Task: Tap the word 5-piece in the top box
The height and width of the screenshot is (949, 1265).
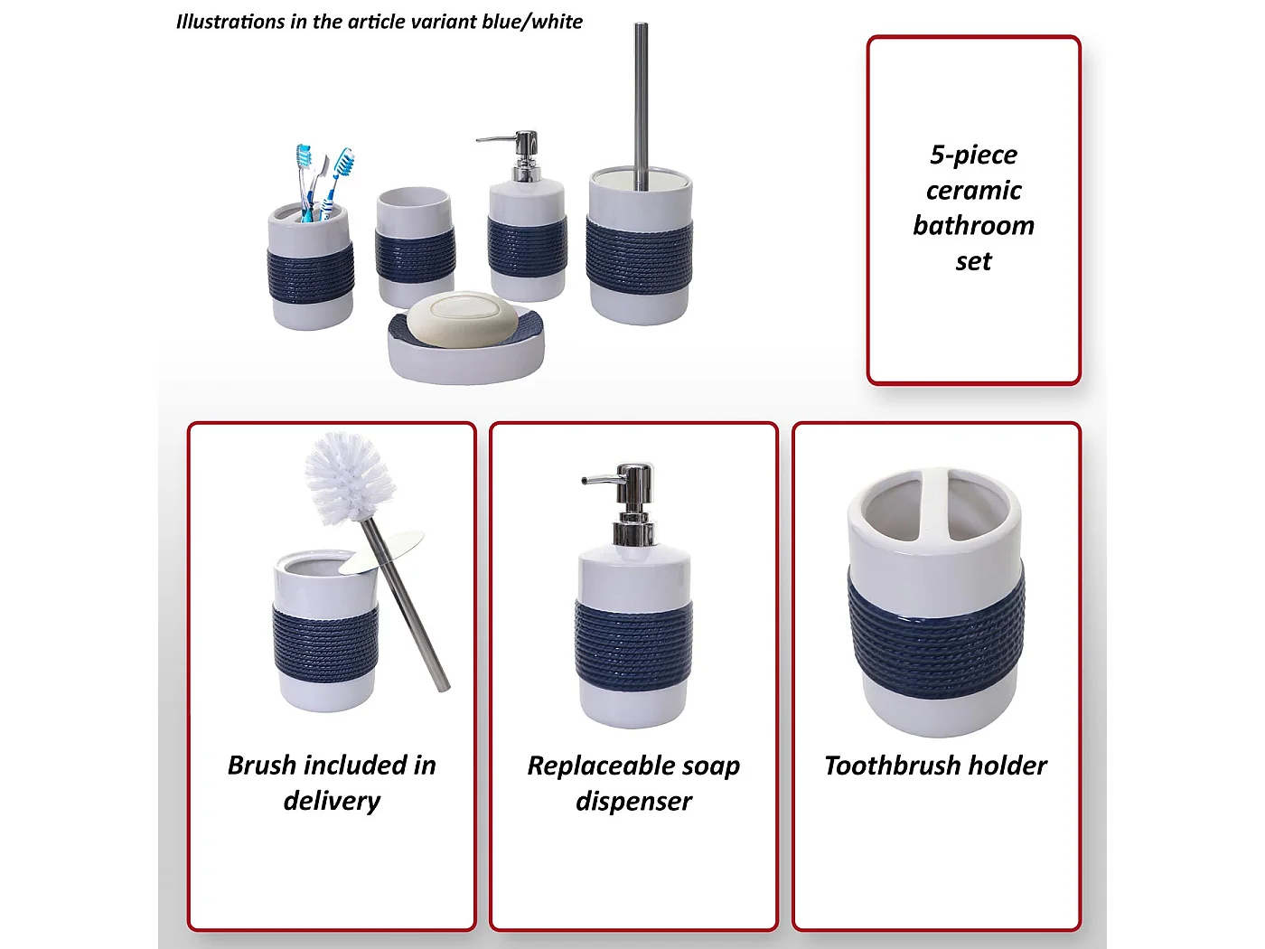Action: pyautogui.click(x=973, y=155)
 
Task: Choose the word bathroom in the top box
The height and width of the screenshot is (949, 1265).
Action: pyautogui.click(x=973, y=225)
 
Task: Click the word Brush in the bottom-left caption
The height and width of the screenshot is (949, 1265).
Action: pyautogui.click(x=262, y=765)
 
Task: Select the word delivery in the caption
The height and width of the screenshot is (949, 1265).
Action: pyautogui.click(x=332, y=801)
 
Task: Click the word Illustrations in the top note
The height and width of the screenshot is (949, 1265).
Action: pyautogui.click(x=230, y=22)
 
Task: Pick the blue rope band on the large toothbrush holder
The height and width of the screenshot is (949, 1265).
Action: pyautogui.click(x=936, y=633)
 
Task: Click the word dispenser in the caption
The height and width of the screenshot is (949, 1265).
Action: pyautogui.click(x=633, y=802)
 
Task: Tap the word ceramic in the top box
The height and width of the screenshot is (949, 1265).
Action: pyautogui.click(x=973, y=190)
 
